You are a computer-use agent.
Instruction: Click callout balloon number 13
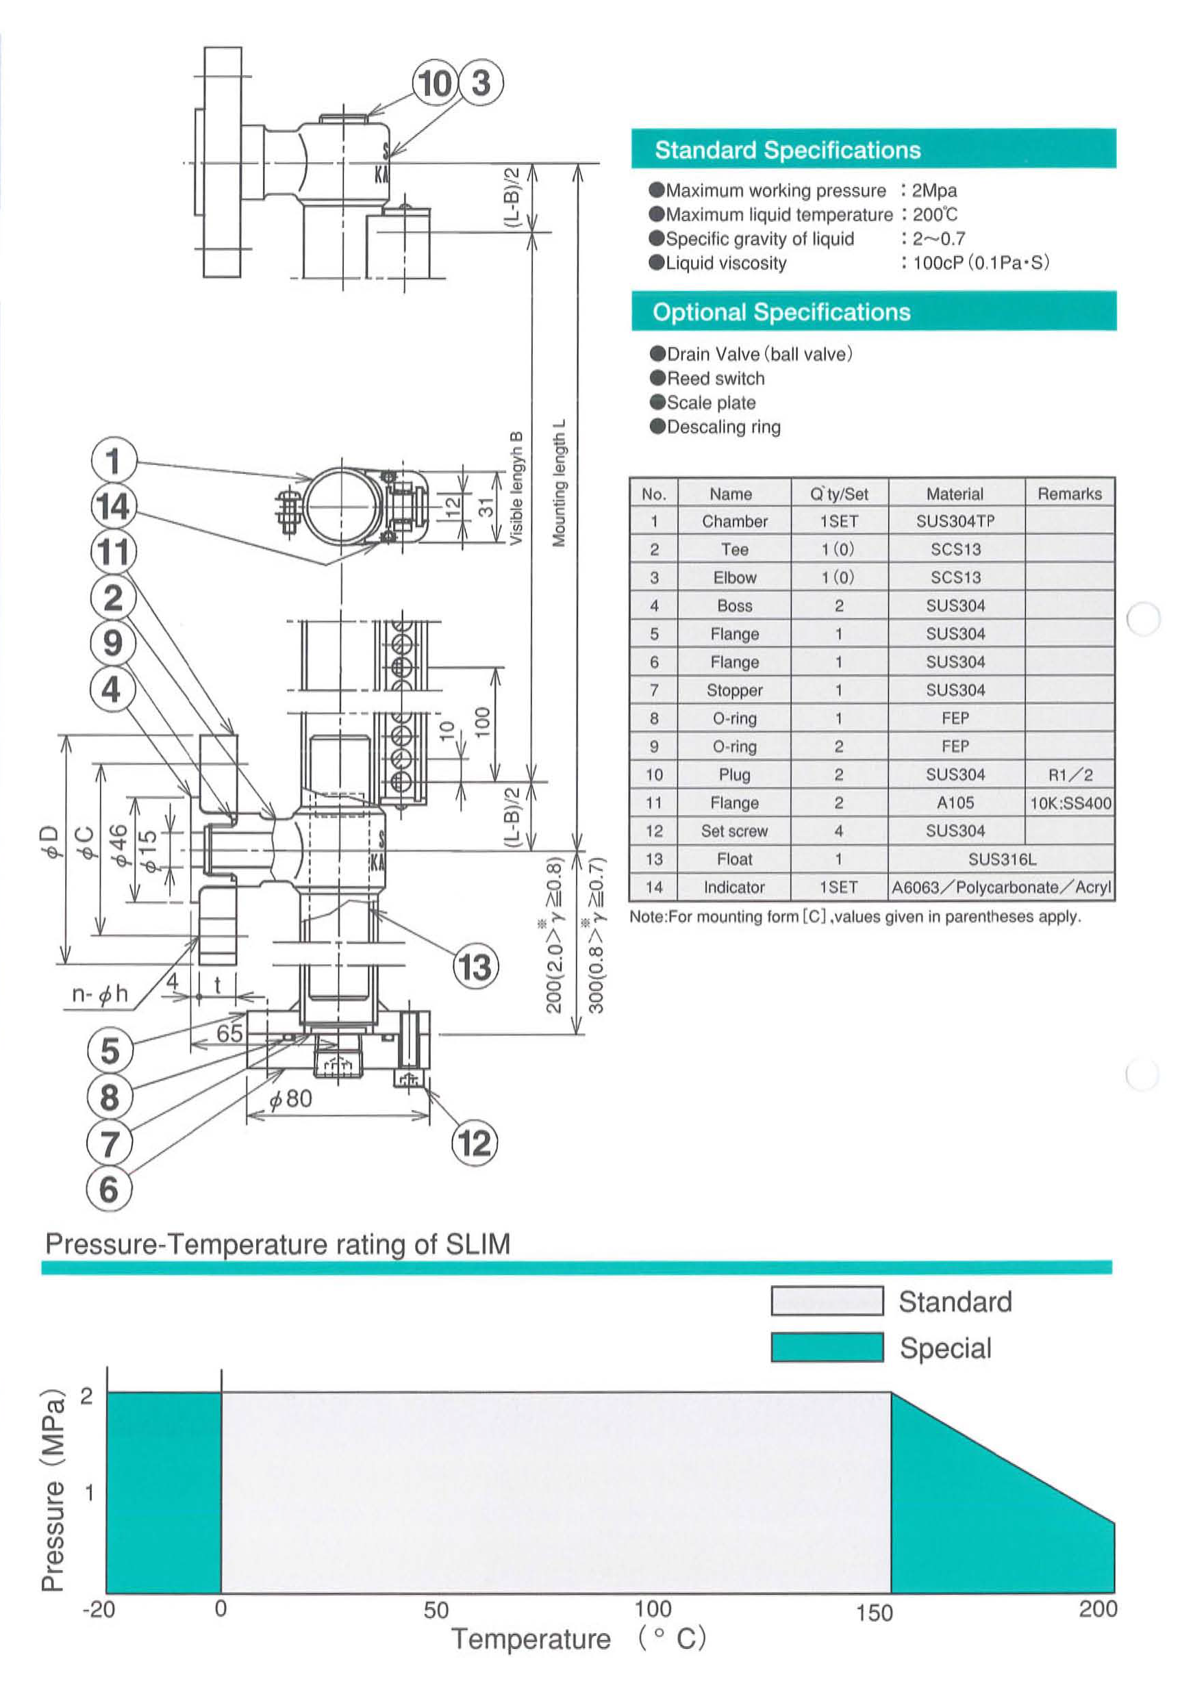tap(475, 967)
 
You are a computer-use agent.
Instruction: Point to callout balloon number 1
tap(114, 461)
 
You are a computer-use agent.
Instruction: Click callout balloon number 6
tap(109, 1189)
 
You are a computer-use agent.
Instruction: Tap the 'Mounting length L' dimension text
tap(560, 483)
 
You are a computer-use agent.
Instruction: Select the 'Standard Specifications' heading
tap(787, 150)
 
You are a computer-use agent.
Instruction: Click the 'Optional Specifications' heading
tap(781, 312)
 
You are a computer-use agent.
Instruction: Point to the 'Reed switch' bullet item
tap(714, 378)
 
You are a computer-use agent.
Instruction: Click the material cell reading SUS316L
tap(1001, 859)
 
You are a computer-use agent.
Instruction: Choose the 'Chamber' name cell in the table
tap(734, 521)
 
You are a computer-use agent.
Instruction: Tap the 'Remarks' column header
tap(1069, 493)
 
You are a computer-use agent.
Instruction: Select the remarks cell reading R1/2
tap(1069, 774)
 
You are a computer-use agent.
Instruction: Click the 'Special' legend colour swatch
tap(827, 1348)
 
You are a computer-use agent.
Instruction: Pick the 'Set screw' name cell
tap(734, 831)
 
